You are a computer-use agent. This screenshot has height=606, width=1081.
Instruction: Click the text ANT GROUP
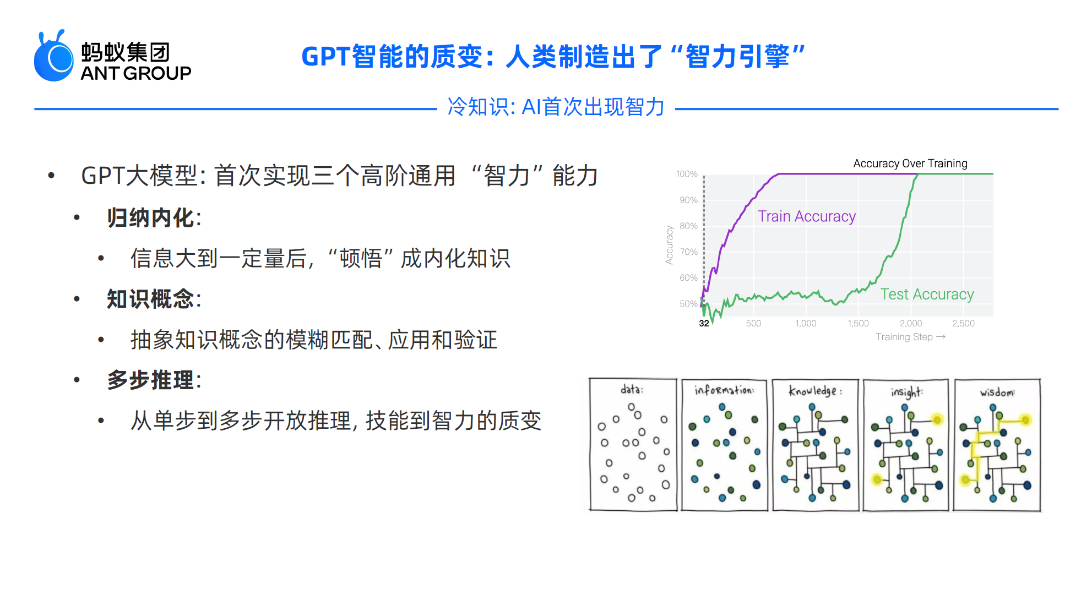coord(136,73)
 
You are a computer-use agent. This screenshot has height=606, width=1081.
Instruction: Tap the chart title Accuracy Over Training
coord(910,163)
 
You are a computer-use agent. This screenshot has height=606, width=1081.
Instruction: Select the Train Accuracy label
coord(806,216)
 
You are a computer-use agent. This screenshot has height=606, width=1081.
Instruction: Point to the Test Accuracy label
coord(927,294)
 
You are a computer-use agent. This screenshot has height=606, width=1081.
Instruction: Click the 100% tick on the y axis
coord(687,174)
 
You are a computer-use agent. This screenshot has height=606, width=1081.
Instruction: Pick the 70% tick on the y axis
coord(688,252)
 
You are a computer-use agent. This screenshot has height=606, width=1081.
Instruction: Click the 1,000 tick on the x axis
coord(806,324)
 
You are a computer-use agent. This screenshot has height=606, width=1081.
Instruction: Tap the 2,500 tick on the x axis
coord(963,324)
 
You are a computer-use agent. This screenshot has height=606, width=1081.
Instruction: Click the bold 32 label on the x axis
coord(704,324)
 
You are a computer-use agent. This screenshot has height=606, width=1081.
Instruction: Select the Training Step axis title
coord(904,337)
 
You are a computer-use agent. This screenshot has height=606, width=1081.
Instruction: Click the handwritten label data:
coord(632,390)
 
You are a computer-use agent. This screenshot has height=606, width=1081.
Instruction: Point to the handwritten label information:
coord(724,390)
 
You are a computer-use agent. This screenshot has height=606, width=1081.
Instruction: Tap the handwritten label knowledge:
coord(815,391)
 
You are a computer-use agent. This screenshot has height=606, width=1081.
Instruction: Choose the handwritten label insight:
coord(906,392)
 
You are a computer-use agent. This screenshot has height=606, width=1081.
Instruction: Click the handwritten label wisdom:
coord(997,392)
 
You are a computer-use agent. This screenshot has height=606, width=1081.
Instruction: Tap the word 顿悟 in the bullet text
coord(361,258)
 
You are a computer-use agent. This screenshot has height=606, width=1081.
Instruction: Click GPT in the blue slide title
coord(325,57)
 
